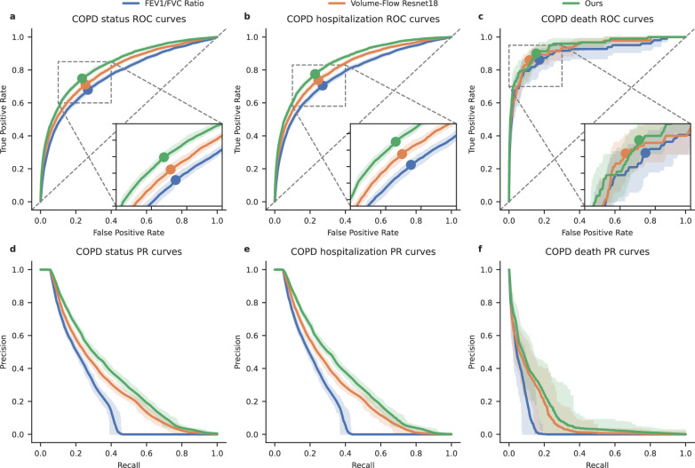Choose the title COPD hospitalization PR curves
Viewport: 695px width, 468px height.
[x=363, y=252]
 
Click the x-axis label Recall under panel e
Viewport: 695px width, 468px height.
[x=363, y=462]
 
